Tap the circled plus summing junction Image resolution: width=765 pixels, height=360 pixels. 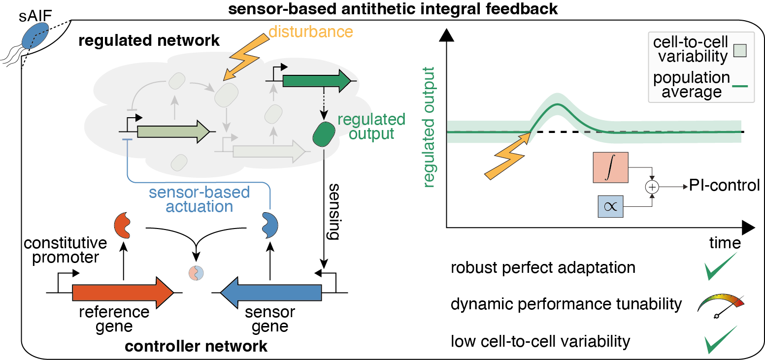click(652, 187)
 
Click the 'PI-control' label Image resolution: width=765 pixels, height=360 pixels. click(724, 186)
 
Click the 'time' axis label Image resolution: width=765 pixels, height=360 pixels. click(725, 243)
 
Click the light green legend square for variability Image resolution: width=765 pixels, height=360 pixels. click(739, 50)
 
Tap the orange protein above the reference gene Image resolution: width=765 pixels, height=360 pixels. click(123, 225)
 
